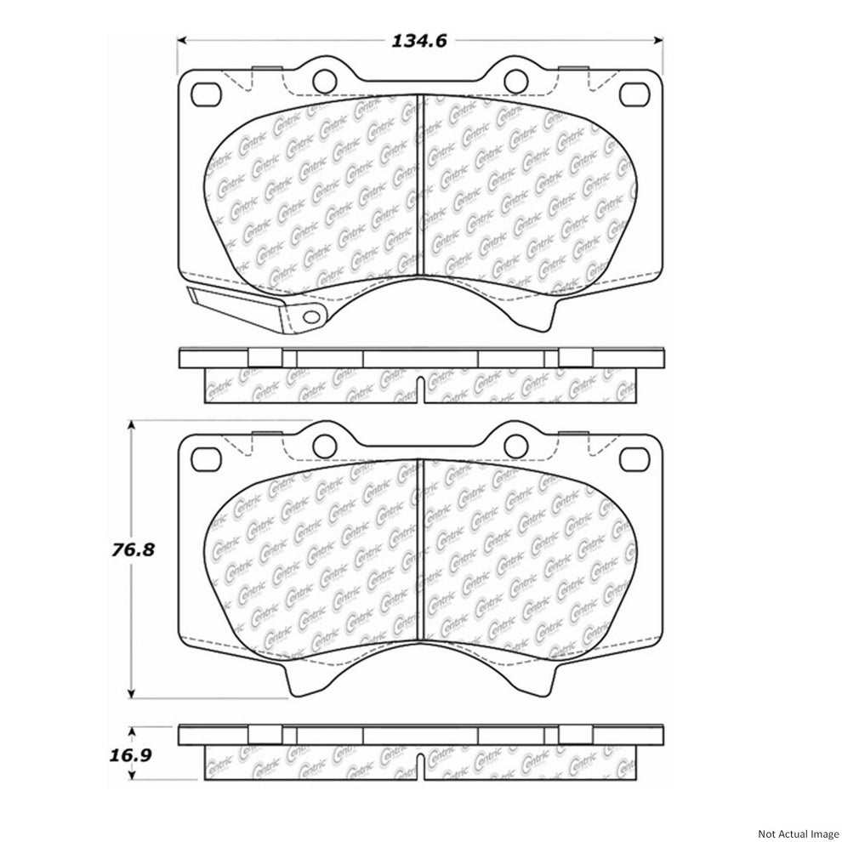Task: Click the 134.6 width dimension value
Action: point(418,41)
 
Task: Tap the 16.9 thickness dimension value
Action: point(130,755)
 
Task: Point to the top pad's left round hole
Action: point(324,81)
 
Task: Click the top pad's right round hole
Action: point(516,81)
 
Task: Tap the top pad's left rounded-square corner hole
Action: point(206,94)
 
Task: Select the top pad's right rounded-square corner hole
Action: point(634,94)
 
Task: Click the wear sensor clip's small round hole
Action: point(311,316)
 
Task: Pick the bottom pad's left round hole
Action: point(324,444)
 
